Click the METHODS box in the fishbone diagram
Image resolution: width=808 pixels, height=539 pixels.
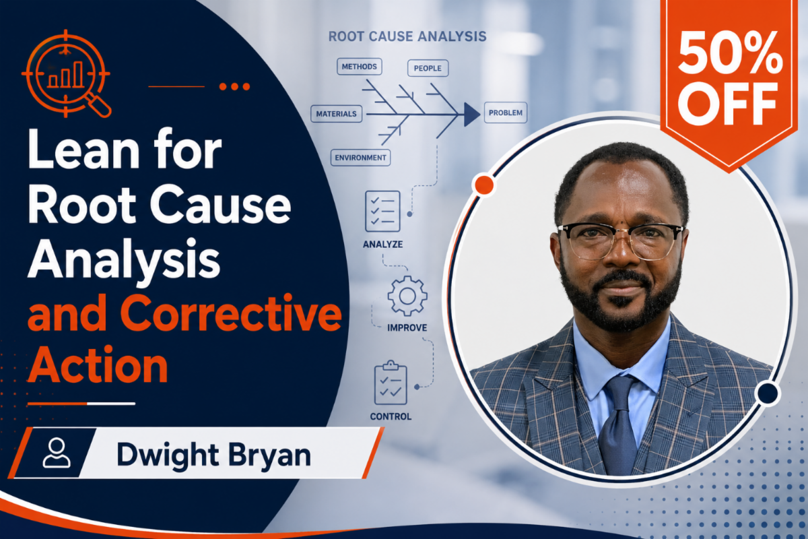point(360,67)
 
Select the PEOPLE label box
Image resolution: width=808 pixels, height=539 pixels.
point(428,68)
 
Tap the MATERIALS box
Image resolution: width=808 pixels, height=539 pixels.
point(336,114)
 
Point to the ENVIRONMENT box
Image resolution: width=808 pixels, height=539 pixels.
point(360,158)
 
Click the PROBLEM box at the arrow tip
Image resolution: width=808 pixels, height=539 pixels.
point(506,113)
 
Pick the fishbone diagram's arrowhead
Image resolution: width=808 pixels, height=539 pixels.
point(472,115)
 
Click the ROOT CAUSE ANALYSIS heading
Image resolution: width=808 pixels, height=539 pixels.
point(407,36)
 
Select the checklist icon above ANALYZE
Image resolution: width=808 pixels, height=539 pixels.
point(382,211)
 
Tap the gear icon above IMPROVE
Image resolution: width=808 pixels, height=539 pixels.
point(407,296)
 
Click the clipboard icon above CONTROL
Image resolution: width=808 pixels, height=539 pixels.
point(391,383)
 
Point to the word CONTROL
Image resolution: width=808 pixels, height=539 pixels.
point(391,416)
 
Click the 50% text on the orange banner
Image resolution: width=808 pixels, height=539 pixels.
point(730,53)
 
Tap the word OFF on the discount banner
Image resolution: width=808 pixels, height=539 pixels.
point(728,104)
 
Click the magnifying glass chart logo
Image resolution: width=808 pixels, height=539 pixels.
point(67,74)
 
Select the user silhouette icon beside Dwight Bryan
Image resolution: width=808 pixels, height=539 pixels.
point(57,453)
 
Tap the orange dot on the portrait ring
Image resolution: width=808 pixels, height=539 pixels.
point(484,185)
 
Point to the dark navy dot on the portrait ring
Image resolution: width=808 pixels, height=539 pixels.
point(768,393)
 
